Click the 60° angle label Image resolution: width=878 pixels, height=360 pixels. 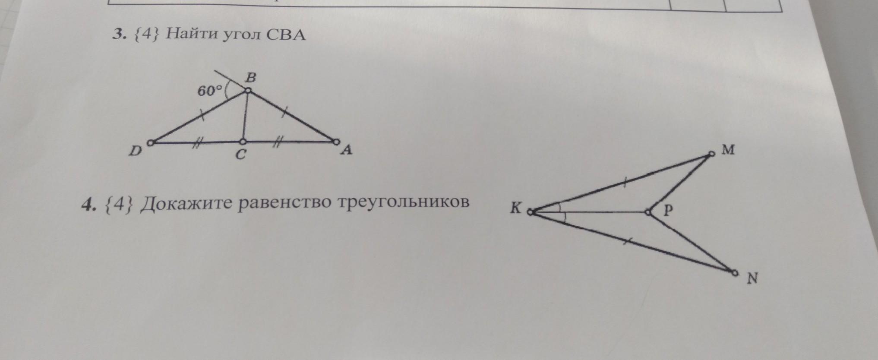[209, 91]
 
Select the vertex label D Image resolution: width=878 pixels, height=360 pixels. [136, 151]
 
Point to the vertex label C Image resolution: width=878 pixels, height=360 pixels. [241, 154]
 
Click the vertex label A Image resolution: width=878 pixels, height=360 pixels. [346, 150]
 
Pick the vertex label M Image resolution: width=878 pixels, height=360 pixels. [728, 150]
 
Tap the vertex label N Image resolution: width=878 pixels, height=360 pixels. [752, 279]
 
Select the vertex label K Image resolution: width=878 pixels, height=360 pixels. [516, 208]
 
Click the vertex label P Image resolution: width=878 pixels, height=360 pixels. [668, 210]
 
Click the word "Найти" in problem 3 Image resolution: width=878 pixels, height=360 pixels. [191, 34]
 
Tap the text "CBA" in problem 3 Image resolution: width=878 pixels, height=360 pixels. [286, 34]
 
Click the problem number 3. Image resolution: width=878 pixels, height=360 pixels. [117, 34]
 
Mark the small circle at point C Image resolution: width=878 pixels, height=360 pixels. [243, 142]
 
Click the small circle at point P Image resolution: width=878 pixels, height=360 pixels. [648, 212]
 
